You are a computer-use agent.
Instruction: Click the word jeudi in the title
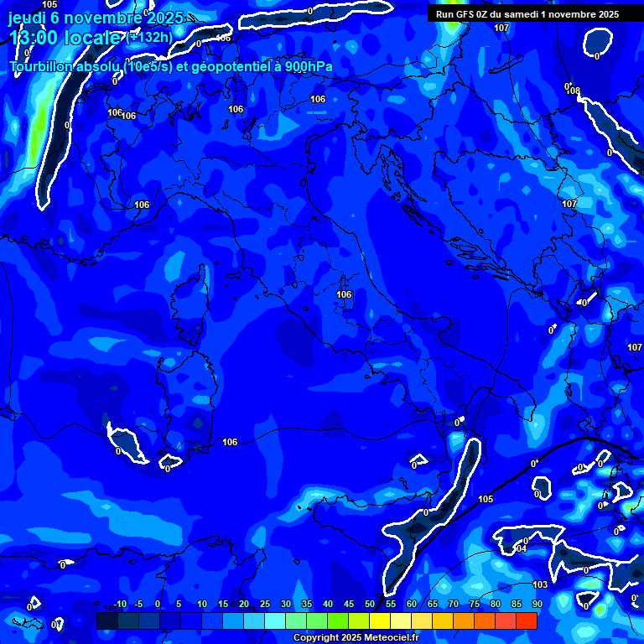point(27,18)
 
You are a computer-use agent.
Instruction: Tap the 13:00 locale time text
point(64,37)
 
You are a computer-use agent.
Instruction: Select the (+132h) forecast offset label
point(150,37)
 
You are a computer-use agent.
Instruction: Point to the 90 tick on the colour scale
point(537,605)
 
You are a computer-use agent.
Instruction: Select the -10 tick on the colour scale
point(118,605)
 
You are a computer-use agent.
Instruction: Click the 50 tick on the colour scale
point(370,605)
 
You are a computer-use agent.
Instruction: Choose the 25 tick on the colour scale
point(265,605)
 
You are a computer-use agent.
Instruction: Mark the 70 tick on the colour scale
point(454,605)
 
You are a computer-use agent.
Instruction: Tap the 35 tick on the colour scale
point(307,605)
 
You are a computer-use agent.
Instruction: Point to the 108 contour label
point(574,91)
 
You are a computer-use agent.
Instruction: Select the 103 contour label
point(540,584)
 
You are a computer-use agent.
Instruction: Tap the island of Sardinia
point(189,394)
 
